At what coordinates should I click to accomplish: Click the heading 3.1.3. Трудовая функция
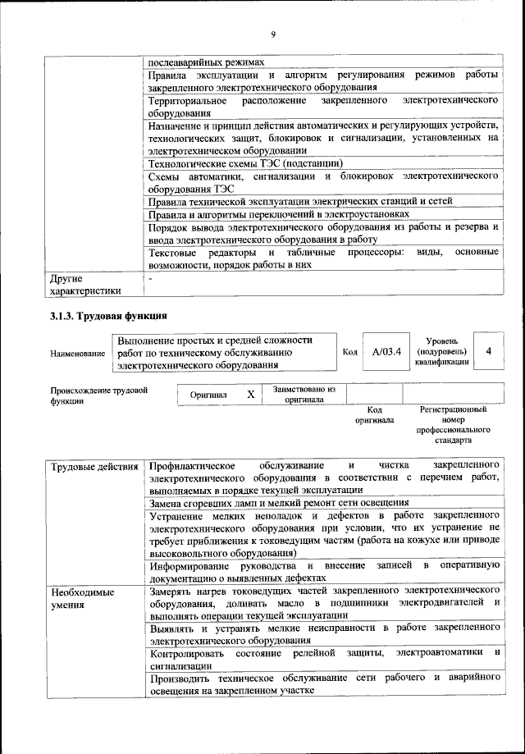point(109,315)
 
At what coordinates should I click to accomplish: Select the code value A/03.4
point(385,352)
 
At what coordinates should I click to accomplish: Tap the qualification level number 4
point(489,351)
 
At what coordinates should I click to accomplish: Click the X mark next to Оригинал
point(250,395)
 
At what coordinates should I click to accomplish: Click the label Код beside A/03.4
point(349,352)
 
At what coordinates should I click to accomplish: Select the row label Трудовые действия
point(94,467)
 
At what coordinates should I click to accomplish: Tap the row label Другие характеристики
point(85,284)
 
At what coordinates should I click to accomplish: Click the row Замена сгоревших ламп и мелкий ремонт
point(278,502)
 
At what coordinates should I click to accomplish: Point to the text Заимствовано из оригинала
point(298,394)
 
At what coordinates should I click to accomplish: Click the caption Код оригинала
point(374,414)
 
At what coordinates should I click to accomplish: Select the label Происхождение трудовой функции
point(98,395)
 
